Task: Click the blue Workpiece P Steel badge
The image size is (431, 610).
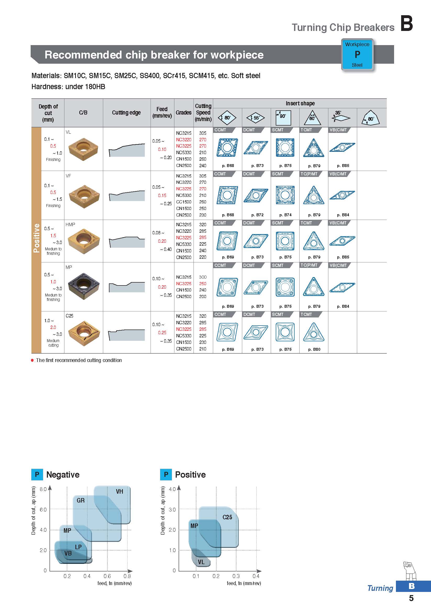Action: [357, 55]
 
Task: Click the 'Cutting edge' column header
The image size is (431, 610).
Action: [126, 113]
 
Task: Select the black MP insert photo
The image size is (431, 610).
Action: [84, 286]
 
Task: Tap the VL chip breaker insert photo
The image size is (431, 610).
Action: [83, 149]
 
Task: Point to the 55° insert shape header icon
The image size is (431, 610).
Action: [256, 117]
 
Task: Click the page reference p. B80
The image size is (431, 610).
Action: [314, 349]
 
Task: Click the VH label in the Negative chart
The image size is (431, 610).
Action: [119, 492]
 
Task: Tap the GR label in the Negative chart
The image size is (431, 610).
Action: [81, 500]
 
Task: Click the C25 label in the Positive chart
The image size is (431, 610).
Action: [227, 517]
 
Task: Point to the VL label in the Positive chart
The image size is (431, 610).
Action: [201, 562]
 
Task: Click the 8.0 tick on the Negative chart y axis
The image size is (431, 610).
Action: [43, 489]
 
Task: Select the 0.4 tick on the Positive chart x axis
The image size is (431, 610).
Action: [256, 576]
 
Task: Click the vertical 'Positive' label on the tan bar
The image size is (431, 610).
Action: [36, 238]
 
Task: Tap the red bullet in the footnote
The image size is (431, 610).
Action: [32, 360]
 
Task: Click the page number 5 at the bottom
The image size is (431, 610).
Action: [411, 598]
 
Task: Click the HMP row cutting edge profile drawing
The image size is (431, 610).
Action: [126, 242]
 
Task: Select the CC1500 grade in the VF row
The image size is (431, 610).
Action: [183, 202]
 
